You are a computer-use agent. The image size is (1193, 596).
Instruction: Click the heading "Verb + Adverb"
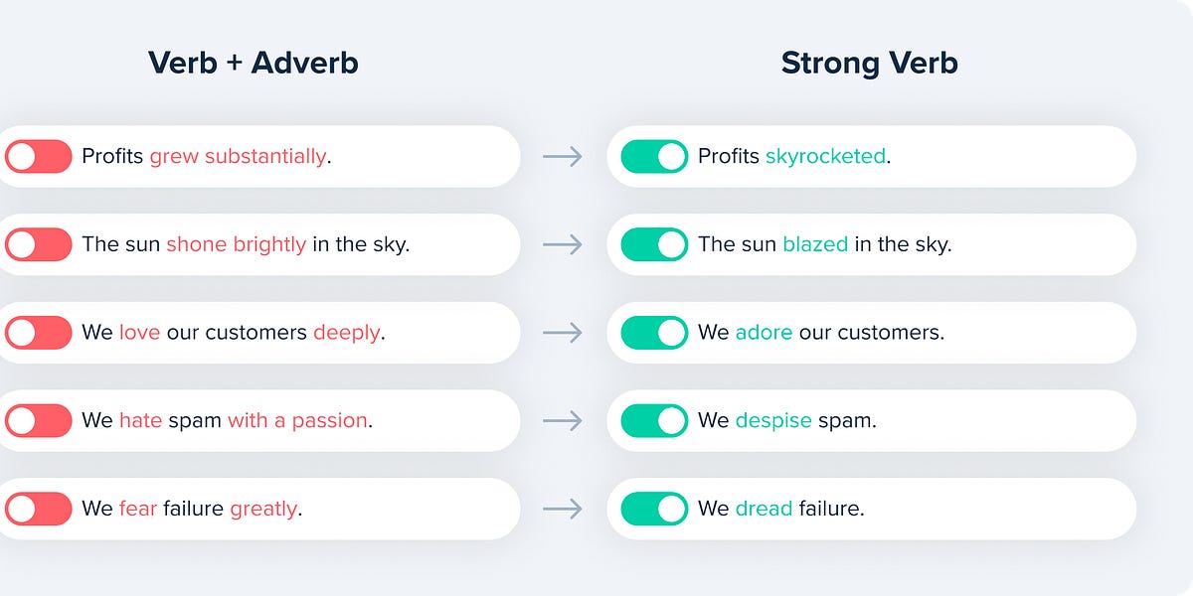253,63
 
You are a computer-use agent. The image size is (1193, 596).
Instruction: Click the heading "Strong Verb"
869,63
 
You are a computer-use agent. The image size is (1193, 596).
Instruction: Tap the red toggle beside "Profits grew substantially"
38,156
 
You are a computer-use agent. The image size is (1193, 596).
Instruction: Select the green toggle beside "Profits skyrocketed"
654,156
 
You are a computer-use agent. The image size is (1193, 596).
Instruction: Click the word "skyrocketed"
825,156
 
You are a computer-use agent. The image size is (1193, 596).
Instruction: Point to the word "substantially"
265,156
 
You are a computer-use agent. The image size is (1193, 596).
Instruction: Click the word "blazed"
815,244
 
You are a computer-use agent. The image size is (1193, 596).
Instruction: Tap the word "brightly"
269,244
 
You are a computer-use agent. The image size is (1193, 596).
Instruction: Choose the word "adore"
764,333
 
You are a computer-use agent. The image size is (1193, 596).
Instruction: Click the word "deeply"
346,333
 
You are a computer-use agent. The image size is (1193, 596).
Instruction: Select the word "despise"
773,420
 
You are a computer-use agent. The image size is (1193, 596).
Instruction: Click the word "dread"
764,509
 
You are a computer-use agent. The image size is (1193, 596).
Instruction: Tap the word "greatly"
263,509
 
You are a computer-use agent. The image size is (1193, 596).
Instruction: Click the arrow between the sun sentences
563,244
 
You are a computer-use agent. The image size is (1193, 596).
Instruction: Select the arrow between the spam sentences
563,420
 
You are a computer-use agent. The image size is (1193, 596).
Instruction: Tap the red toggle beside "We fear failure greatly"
38,509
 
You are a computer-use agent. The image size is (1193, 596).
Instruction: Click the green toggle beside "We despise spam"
654,420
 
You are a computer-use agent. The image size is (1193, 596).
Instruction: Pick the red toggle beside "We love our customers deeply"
38,333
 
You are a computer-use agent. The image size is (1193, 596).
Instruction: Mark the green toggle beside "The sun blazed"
654,244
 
